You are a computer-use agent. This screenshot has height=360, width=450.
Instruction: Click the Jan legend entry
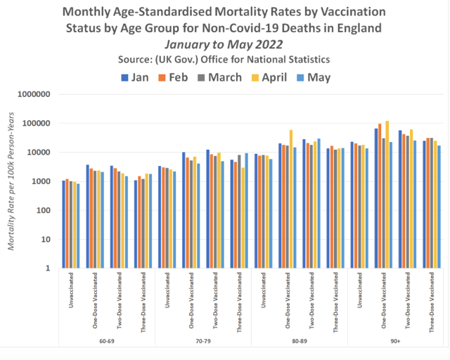[x=141, y=77]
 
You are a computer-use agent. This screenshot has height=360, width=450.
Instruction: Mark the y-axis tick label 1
[x=47, y=268]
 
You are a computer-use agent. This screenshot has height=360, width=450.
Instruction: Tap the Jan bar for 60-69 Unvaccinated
[x=63, y=224]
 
